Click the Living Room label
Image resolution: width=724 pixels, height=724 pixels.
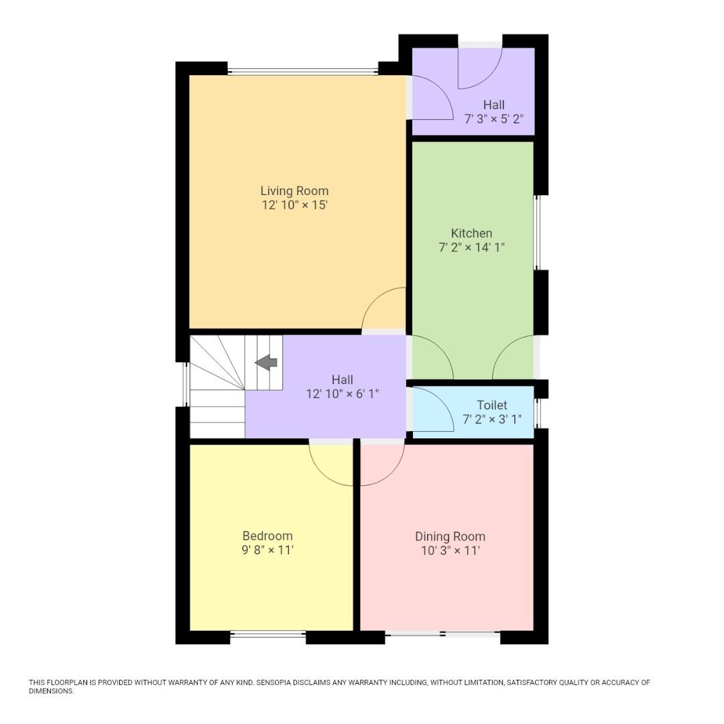[x=294, y=191]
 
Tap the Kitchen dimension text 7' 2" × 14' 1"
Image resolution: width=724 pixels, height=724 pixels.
[x=471, y=247]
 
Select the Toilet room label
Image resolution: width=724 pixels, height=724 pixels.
[x=491, y=405]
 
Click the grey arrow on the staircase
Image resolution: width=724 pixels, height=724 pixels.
[x=266, y=363]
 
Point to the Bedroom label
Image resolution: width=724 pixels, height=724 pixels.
[x=267, y=536]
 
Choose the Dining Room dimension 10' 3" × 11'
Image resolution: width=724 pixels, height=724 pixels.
[x=450, y=551]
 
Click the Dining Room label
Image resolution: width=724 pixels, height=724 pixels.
[x=450, y=536]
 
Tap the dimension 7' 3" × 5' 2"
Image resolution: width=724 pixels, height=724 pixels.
[x=494, y=119]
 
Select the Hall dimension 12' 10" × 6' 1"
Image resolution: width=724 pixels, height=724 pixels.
[x=343, y=394]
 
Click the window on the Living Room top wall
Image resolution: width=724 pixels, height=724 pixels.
[x=302, y=70]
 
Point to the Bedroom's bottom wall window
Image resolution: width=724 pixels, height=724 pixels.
[x=268, y=634]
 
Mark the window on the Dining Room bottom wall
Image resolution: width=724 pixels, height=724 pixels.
[x=442, y=634]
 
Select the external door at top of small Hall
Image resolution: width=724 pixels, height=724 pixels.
[x=480, y=45]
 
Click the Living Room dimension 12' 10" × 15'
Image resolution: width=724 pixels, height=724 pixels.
[x=294, y=206]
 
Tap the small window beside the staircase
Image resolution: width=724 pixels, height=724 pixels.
[x=186, y=384]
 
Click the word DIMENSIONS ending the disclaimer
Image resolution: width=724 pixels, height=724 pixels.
[x=51, y=691]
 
